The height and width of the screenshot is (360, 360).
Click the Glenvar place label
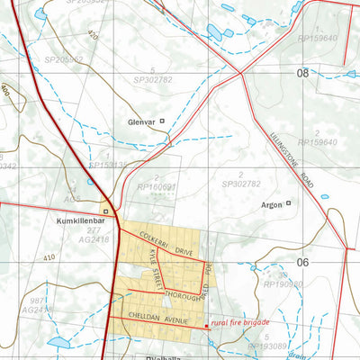pos(141,121)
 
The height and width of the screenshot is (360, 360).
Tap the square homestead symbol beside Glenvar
pos(162,121)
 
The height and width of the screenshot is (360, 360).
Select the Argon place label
pos(272,203)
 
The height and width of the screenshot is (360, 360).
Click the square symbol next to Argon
pos(289,203)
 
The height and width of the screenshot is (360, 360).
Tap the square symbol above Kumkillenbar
pos(105,212)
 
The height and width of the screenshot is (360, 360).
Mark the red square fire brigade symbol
pos(208,326)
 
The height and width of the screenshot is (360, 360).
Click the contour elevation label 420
pos(92,35)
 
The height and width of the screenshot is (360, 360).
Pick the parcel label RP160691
pos(156,188)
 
